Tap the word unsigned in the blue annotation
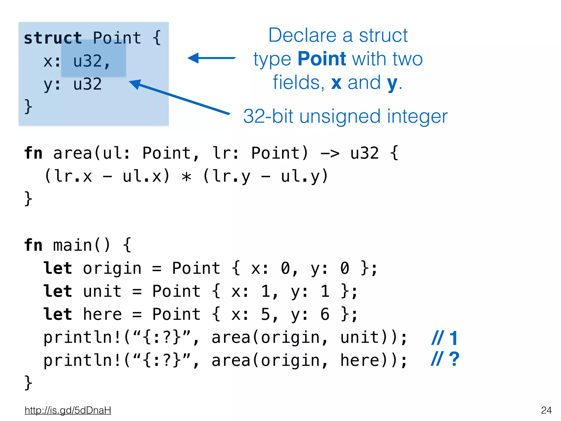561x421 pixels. click(x=340, y=116)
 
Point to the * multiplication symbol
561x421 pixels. click(x=187, y=177)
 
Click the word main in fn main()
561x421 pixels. click(x=73, y=245)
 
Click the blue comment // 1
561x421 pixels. click(x=444, y=338)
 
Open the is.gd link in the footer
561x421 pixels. click(x=68, y=410)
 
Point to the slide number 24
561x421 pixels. click(x=546, y=410)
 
